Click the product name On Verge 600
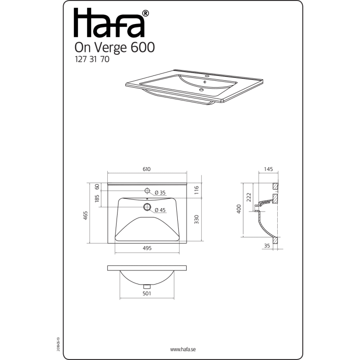point(115,48)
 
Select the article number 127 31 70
point(91,61)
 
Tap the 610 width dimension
point(146,169)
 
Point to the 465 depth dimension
point(85,215)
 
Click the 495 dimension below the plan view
point(147,248)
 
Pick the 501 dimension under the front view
point(146,293)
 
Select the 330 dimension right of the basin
point(196,219)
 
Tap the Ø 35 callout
point(160,192)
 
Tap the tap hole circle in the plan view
point(146,190)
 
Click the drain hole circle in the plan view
point(146,207)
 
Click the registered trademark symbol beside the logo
point(145,14)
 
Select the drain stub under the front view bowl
point(146,286)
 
